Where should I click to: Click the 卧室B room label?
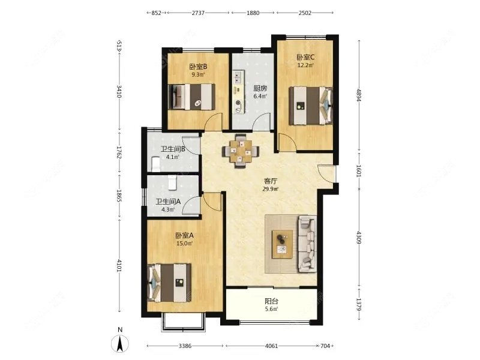click(x=199, y=67)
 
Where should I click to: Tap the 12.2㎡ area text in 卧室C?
click(x=305, y=65)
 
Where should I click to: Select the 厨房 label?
click(x=260, y=88)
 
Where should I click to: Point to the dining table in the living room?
click(x=241, y=151)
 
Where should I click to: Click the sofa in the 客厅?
click(x=307, y=244)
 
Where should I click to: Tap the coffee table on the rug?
click(x=282, y=244)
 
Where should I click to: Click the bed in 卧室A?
click(x=169, y=283)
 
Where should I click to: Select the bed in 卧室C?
click(x=311, y=106)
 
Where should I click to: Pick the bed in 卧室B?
click(x=191, y=97)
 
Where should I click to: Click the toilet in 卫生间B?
click(x=155, y=164)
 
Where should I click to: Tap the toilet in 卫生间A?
click(x=172, y=183)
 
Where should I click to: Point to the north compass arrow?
click(x=121, y=343)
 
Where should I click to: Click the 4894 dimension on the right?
click(x=359, y=95)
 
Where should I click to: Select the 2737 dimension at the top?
click(x=198, y=13)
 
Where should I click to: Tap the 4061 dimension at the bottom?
click(x=271, y=346)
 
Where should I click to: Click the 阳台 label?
click(x=272, y=301)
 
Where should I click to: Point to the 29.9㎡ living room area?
click(x=271, y=189)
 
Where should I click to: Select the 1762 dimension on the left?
click(x=119, y=152)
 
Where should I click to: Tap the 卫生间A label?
click(x=168, y=202)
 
